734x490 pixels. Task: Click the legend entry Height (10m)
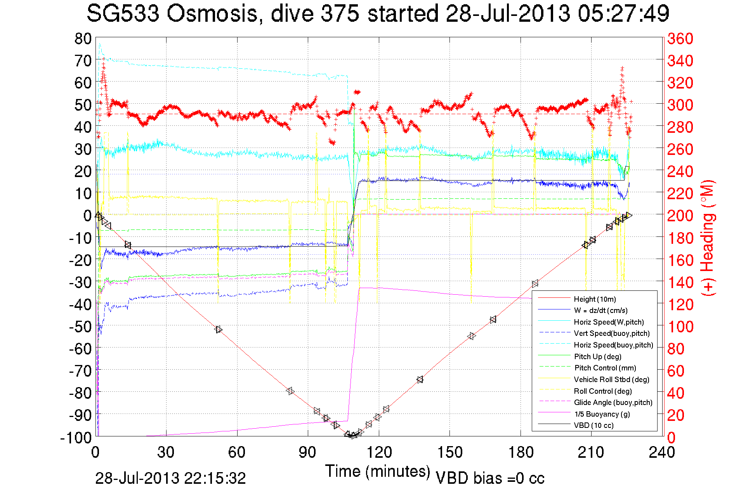(x=595, y=299)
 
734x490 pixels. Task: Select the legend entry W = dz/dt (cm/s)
(x=600, y=310)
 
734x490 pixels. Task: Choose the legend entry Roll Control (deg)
(x=602, y=391)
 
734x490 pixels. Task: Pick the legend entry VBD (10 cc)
(x=593, y=425)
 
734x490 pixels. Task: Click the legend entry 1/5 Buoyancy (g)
(x=602, y=414)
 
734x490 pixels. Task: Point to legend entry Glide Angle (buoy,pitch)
(x=613, y=402)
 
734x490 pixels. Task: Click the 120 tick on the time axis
(x=379, y=452)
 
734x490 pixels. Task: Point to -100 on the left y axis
(x=76, y=438)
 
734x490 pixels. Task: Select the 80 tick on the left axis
(x=83, y=38)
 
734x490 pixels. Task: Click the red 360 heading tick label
(x=680, y=38)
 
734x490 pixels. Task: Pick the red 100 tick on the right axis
(x=680, y=327)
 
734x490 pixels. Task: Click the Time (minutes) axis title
(x=378, y=471)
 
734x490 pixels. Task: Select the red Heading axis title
(x=707, y=238)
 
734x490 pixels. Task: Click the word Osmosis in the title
(x=212, y=14)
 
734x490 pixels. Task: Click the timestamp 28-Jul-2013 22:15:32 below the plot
(x=170, y=478)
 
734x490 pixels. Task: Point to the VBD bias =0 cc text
(x=490, y=478)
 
